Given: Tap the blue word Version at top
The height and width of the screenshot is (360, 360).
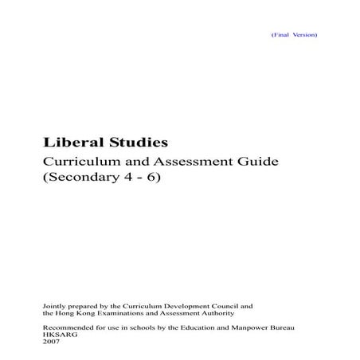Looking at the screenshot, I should (305, 36).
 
